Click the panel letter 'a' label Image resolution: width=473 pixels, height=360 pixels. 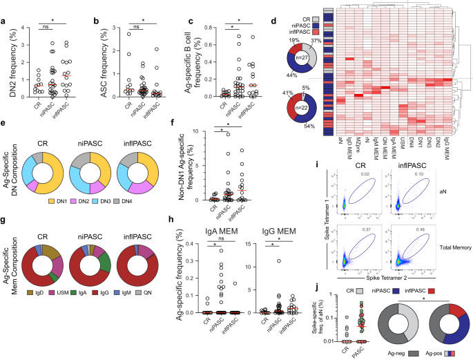(x=3, y=6)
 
